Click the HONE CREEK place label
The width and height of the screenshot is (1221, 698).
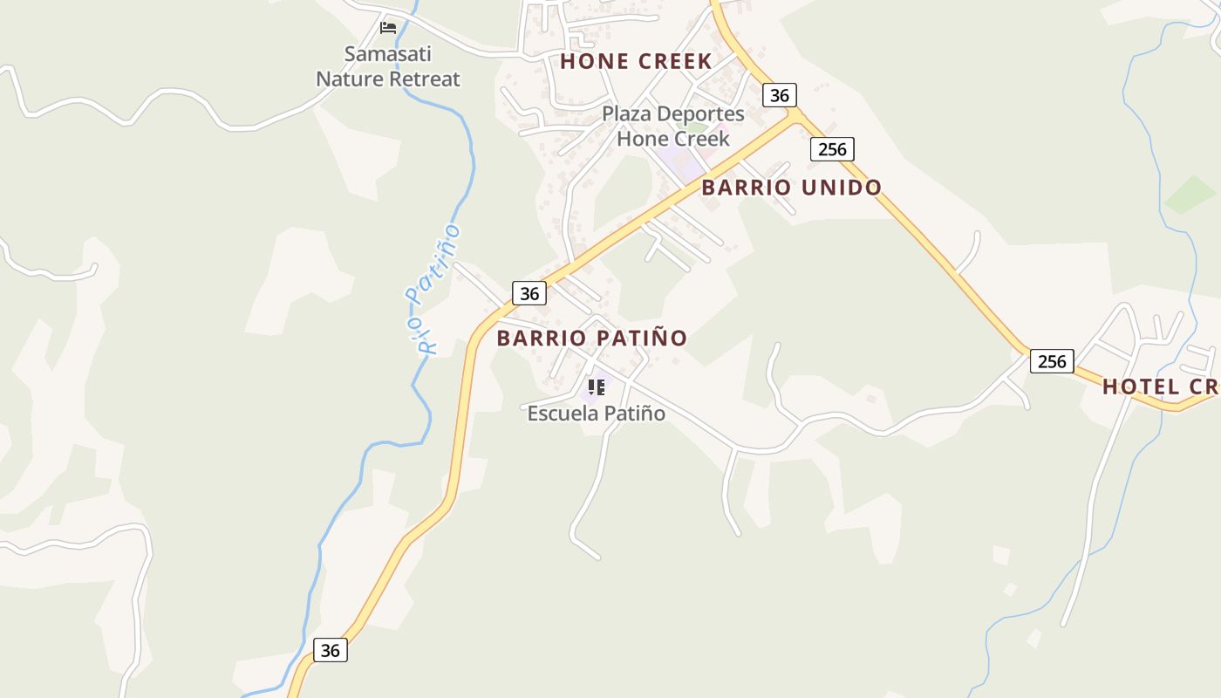click(636, 62)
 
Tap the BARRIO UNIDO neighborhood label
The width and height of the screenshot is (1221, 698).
click(791, 188)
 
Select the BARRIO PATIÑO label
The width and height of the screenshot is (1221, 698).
click(592, 339)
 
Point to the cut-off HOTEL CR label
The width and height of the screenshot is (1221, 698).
click(1160, 387)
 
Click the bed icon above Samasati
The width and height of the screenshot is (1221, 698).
click(388, 28)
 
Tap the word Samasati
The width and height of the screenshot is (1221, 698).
click(387, 54)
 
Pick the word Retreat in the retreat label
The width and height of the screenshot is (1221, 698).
click(424, 79)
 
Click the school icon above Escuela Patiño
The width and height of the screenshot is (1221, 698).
click(597, 387)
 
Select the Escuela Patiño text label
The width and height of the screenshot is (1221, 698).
click(596, 414)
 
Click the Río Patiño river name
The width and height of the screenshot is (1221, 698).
click(434, 289)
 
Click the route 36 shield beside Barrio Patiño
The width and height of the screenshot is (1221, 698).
click(529, 293)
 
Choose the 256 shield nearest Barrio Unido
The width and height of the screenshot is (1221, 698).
click(832, 149)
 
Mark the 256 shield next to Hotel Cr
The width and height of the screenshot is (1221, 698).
click(1052, 361)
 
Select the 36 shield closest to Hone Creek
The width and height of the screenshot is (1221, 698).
click(780, 95)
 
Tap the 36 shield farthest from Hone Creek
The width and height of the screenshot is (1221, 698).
click(330, 650)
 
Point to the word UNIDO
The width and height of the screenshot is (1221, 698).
click(839, 188)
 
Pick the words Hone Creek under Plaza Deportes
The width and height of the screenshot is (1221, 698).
click(672, 139)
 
